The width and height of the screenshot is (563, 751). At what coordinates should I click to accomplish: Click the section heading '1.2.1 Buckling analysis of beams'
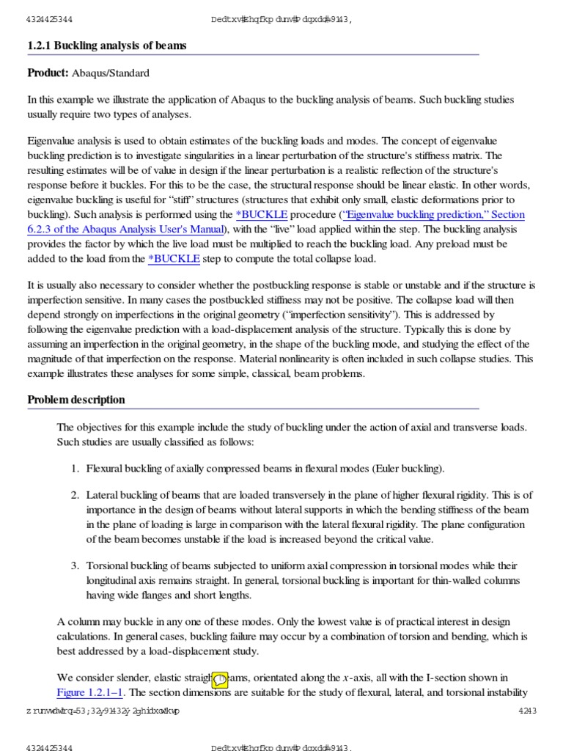tap(107, 45)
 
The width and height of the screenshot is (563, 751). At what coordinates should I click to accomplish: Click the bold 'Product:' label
tap(48, 73)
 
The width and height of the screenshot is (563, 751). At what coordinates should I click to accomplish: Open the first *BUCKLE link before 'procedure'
tap(262, 214)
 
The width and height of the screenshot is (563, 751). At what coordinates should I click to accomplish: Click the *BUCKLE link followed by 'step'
tap(174, 258)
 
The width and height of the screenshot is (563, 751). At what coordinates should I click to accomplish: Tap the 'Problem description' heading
tap(76, 400)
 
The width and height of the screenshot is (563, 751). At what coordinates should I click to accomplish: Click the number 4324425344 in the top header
tap(49, 19)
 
